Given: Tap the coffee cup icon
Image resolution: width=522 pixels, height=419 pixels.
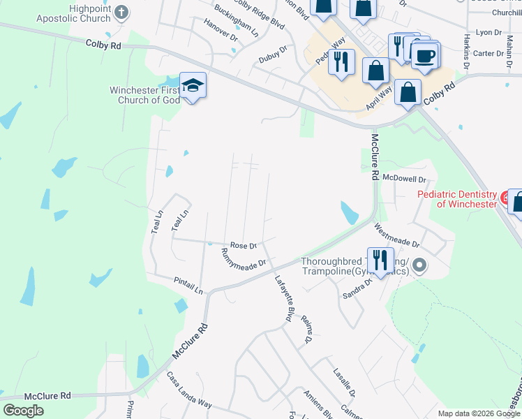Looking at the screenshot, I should coord(424,55).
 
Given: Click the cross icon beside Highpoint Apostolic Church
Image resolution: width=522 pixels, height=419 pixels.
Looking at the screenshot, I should coord(121,13).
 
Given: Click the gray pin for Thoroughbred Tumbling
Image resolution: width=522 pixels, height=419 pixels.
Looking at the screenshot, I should coord(419,265).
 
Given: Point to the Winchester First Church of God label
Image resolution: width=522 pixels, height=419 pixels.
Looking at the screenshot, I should coord(144,95).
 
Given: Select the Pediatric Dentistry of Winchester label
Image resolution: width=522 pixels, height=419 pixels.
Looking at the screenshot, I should coord(457,199).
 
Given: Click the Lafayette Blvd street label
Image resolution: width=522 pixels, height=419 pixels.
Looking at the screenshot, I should coord(283,297).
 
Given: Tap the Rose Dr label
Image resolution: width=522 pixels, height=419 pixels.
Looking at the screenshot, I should coord(244,246).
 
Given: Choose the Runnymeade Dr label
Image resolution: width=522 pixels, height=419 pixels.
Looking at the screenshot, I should coord(244,259).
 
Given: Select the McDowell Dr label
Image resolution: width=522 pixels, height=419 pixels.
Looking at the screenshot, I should coord(403,179).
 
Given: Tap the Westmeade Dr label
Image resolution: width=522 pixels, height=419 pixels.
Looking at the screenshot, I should coord(396,235).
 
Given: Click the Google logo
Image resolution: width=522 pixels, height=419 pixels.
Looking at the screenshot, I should coord(23,410).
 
